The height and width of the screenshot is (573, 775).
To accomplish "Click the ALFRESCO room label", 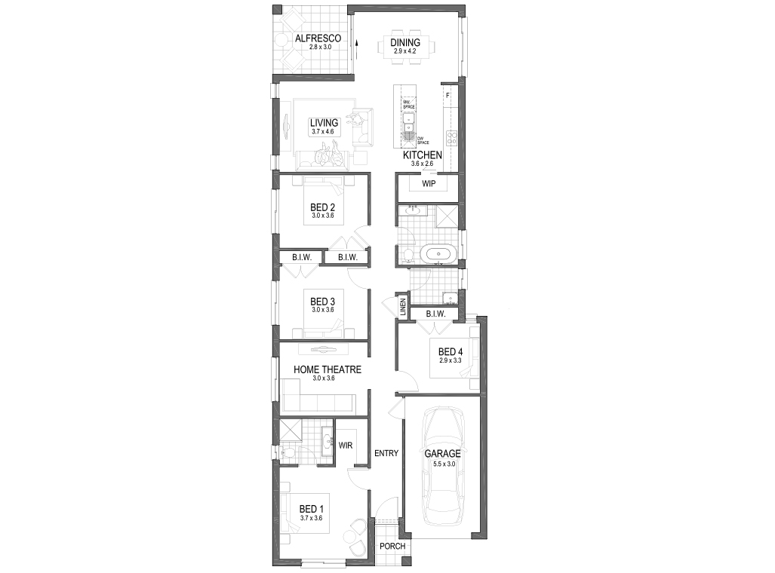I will coord(318,38).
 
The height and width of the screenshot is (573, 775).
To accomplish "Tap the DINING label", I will coord(405,43).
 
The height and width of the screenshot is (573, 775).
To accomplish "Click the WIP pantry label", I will coord(429,184).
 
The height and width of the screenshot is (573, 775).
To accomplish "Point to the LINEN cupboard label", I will coord(404,306).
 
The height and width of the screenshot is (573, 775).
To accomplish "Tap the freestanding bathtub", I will coord(438,253).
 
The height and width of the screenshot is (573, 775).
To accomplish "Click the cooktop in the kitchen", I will coord(452,138).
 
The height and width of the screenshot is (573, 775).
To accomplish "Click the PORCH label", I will coord(392,547).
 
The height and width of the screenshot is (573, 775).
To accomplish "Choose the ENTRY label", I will coord(386,453).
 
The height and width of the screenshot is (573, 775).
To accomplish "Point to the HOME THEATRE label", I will coord(327,369).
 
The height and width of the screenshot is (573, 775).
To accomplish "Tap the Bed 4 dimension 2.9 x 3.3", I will coord(450,360).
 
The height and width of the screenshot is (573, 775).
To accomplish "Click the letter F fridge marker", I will coord(447,96).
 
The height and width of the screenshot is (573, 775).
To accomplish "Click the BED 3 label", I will coord(322,302).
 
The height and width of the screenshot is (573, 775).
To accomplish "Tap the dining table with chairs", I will coord(406,48).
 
